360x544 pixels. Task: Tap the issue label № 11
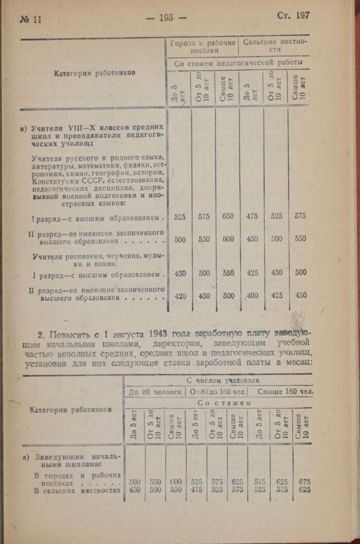(x=30, y=19)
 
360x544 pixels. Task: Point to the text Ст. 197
(x=293, y=15)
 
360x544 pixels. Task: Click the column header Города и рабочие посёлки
(x=203, y=46)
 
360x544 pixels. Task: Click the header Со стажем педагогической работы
(x=238, y=64)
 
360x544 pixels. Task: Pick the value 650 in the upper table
(x=228, y=216)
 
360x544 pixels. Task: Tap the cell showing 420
(x=180, y=296)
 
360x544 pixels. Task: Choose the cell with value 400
(x=252, y=296)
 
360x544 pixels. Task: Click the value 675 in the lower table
(x=304, y=482)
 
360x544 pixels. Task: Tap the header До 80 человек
(x=154, y=392)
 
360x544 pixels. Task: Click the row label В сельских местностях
(x=77, y=490)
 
